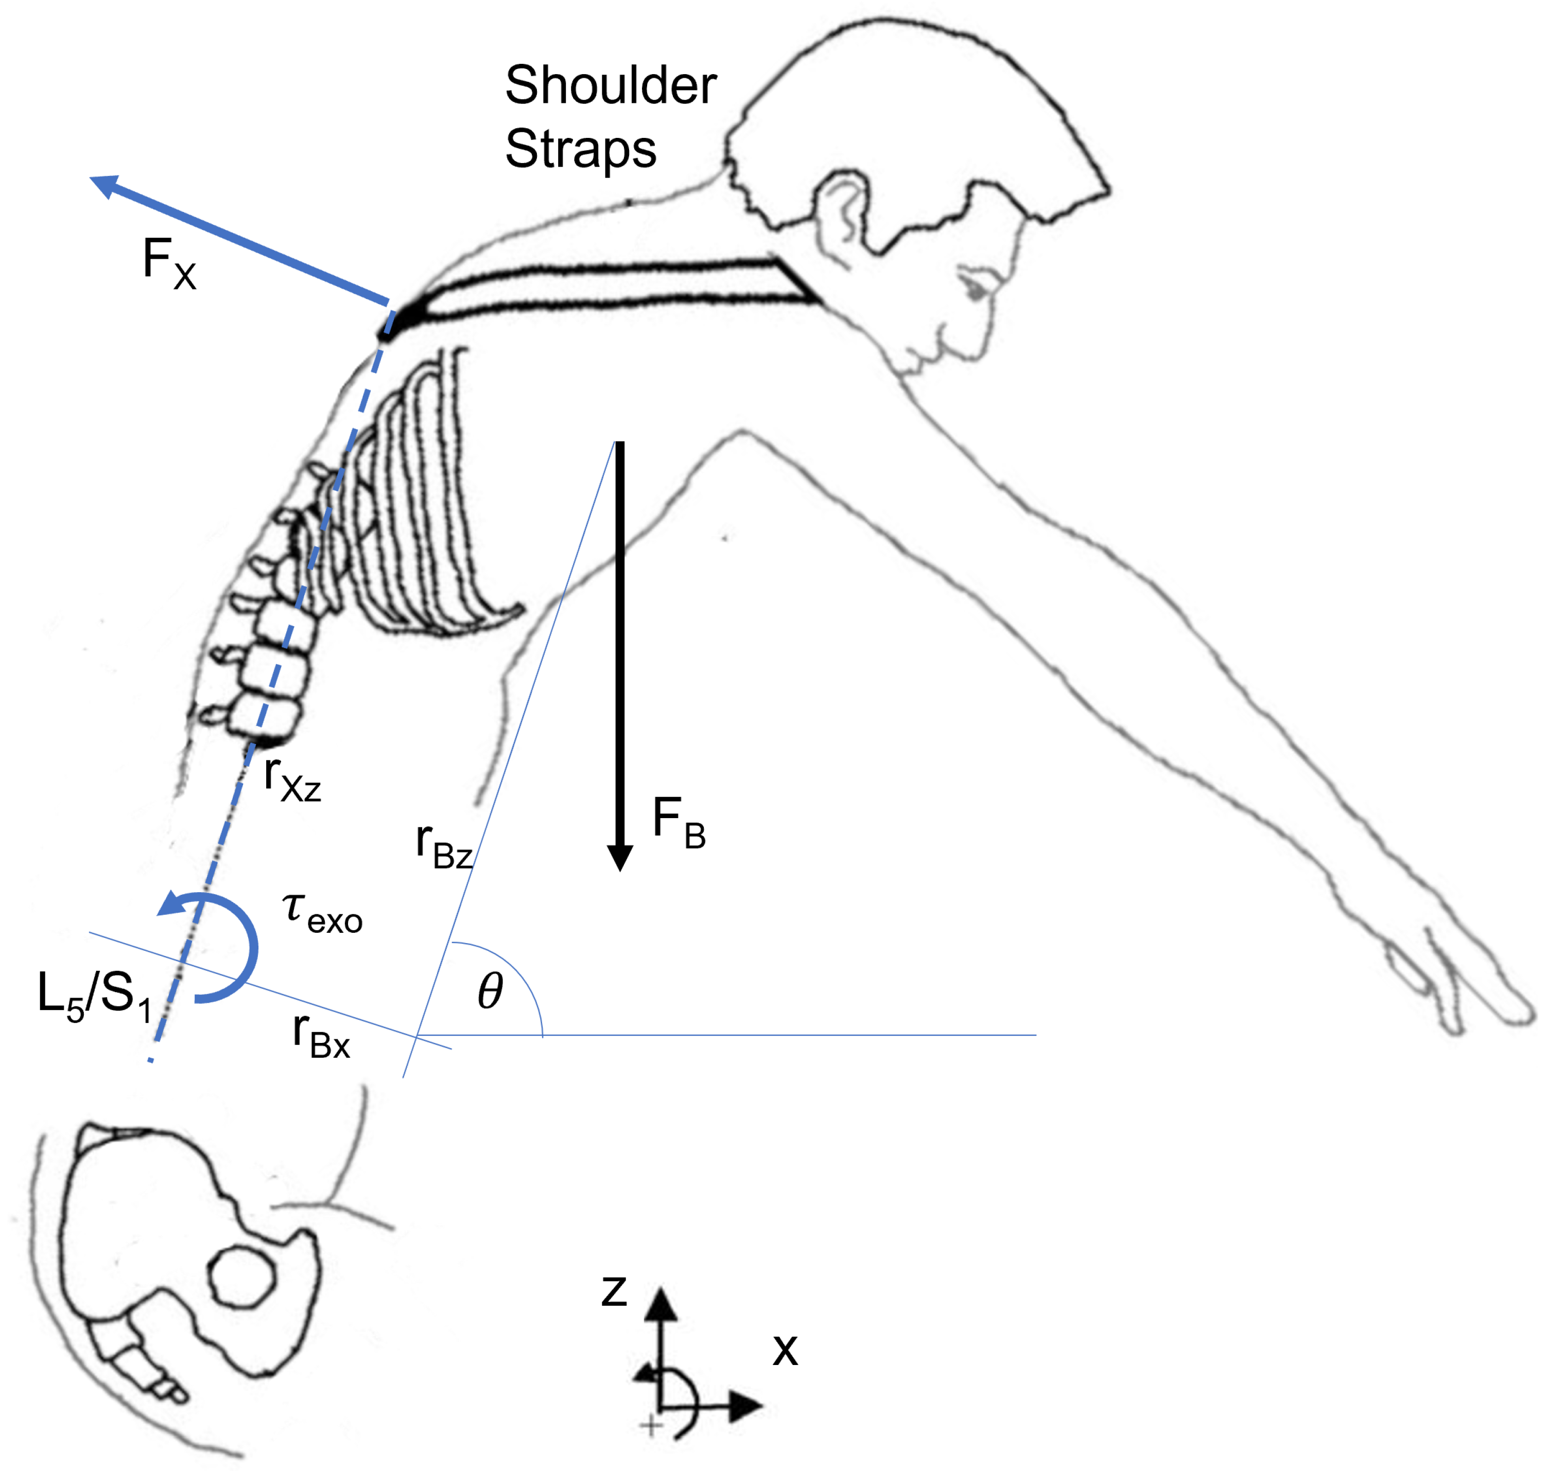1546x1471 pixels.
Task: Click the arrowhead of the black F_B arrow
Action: coord(620,859)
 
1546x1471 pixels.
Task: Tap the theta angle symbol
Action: coord(490,991)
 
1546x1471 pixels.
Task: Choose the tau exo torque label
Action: coord(322,915)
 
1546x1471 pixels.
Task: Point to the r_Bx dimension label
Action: coord(321,1036)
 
